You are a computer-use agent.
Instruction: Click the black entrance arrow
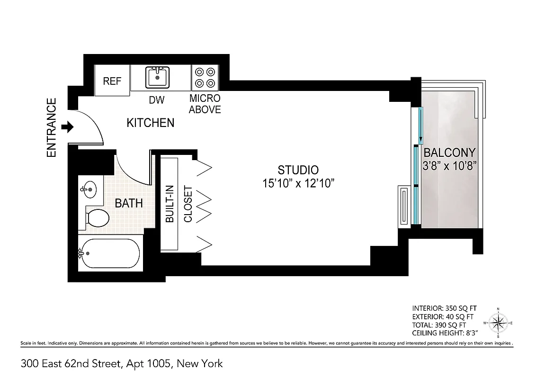point(69,127)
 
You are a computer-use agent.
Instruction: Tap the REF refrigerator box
point(112,81)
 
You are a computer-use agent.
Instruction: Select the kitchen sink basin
point(157,77)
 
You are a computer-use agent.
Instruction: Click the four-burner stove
point(205,78)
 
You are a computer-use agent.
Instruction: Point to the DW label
point(156,100)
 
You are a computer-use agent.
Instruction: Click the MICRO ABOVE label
point(205,104)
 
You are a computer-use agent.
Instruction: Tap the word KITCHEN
point(151,123)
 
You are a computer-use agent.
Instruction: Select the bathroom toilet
point(98,217)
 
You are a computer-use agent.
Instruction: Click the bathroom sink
point(88,190)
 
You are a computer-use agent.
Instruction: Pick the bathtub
point(110,254)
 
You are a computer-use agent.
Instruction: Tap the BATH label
point(129,203)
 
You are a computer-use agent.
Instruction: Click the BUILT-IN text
point(169,204)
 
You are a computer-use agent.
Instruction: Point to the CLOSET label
point(188,204)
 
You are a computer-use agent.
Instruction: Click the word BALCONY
point(449,153)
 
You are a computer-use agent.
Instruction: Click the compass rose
point(498,324)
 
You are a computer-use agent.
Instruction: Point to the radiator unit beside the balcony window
point(403,206)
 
